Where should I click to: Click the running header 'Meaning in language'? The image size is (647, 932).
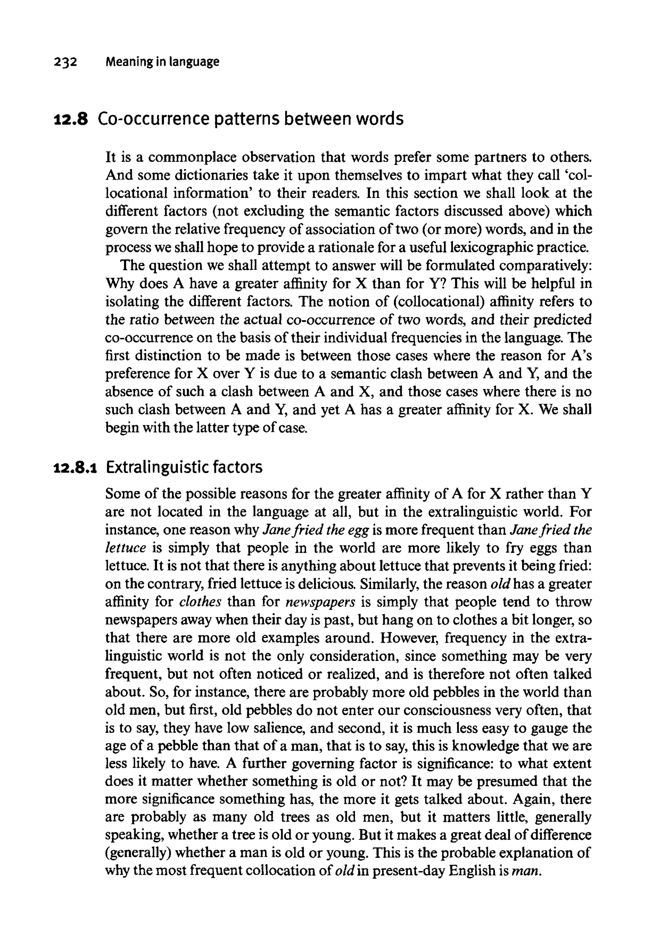click(162, 62)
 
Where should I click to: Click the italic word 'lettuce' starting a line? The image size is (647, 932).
click(125, 548)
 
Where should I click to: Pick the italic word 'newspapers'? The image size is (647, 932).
click(321, 602)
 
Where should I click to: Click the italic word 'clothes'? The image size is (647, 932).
click(200, 602)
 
